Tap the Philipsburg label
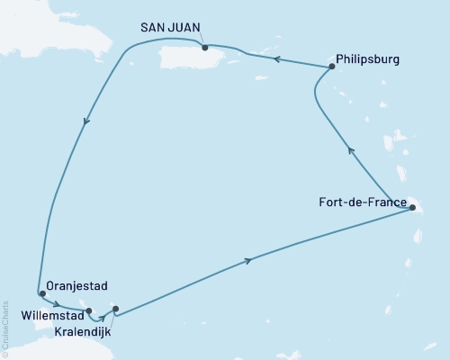click(x=367, y=61)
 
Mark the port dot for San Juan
click(x=205, y=48)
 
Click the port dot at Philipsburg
click(x=332, y=66)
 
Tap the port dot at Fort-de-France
click(x=411, y=208)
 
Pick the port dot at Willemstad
click(x=88, y=311)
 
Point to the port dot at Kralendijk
click(x=115, y=309)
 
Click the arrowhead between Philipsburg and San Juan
click(x=277, y=59)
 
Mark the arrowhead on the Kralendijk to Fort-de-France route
click(x=249, y=261)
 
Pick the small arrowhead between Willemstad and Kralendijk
click(x=103, y=316)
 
